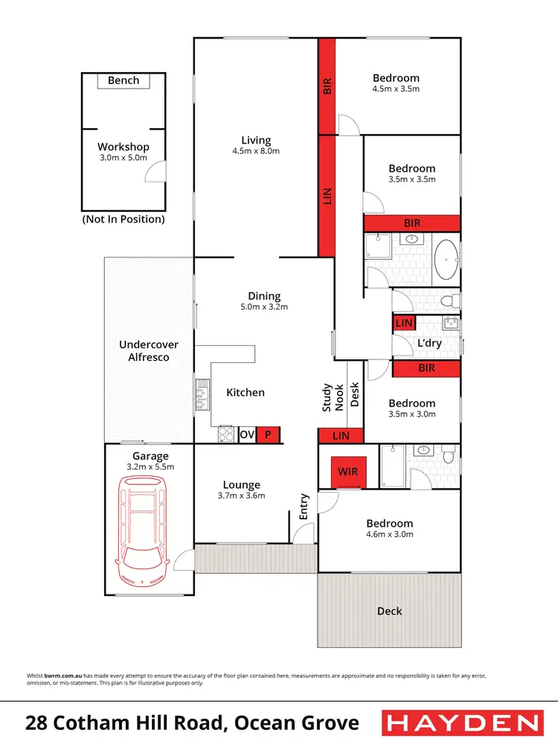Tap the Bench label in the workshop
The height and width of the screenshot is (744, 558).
124,80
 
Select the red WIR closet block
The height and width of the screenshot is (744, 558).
347,472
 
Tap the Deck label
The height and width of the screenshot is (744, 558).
389,611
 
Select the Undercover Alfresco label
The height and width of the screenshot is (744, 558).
144,351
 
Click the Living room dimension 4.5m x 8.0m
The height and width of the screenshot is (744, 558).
256,151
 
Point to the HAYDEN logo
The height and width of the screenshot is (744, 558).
461,722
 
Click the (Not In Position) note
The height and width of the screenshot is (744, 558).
124,219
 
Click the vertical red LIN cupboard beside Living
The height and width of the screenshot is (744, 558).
327,196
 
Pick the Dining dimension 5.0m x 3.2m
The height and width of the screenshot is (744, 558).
265,307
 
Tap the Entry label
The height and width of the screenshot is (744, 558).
304,507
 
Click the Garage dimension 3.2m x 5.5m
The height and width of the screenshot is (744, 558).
150,466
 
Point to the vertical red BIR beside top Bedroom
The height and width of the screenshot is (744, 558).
327,86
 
